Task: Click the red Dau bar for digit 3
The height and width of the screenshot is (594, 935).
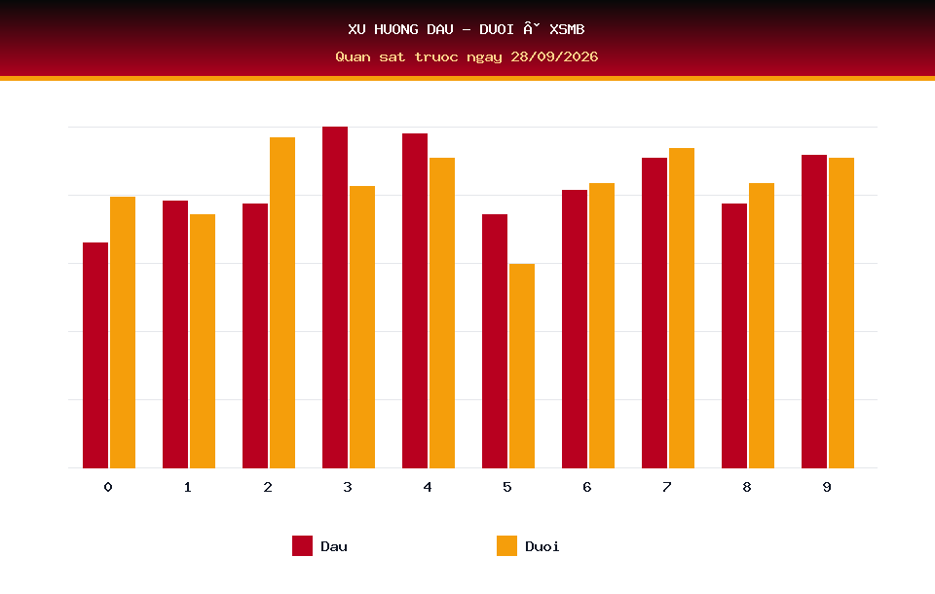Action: [x=335, y=297]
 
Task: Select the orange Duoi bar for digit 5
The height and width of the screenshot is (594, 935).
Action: [x=522, y=365]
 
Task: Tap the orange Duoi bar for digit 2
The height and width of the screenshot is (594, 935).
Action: [x=282, y=303]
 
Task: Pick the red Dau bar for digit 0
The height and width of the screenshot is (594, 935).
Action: [x=95, y=354]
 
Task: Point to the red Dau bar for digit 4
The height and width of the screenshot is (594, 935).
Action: [x=415, y=301]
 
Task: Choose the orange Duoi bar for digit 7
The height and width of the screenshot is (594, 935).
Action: [x=682, y=308]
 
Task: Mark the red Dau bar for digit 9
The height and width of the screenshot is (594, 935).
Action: [x=814, y=312]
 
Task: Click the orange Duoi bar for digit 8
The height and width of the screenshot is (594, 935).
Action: [x=762, y=325]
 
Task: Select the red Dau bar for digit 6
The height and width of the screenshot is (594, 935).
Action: [x=575, y=328]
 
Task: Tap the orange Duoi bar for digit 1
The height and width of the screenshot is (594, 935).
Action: [x=203, y=341]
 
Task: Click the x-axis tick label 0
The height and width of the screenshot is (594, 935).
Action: [x=108, y=487]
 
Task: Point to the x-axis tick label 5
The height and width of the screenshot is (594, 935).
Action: [x=506, y=487]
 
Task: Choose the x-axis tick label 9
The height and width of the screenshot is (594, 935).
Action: [x=827, y=487]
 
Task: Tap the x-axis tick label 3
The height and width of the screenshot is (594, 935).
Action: [x=348, y=487]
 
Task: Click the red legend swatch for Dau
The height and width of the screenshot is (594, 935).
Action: [x=302, y=545]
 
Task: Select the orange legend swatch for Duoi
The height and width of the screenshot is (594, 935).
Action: [x=506, y=545]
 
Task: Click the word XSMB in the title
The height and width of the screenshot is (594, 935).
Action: [x=567, y=29]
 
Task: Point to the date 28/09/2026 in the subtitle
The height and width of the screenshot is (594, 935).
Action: [x=554, y=56]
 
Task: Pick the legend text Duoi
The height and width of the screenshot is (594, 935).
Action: [x=542, y=546]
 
